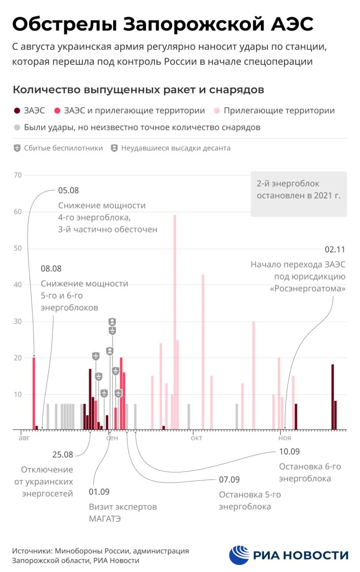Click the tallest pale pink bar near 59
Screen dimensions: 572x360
pos(175,322)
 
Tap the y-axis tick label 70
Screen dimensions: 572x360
pos(17,175)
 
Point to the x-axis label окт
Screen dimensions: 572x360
pos(196,437)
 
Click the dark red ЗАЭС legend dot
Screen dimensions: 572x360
pos(17,111)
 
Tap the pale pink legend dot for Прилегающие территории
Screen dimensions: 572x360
pos(216,111)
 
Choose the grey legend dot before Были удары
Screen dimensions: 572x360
pos(17,127)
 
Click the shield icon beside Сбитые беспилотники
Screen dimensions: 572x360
pos(17,148)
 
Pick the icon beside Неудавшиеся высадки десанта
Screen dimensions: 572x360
pos(114,148)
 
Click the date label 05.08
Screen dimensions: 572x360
pos(68,190)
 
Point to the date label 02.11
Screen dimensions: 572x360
pos(335,249)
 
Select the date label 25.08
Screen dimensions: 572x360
pos(63,455)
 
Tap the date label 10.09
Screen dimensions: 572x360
pos(289,451)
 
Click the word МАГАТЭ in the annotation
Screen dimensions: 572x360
pos(105,519)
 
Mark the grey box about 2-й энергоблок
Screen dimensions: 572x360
pos(299,194)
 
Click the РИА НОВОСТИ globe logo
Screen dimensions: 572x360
pos(239,555)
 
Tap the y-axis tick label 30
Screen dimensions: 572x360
pos(17,321)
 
